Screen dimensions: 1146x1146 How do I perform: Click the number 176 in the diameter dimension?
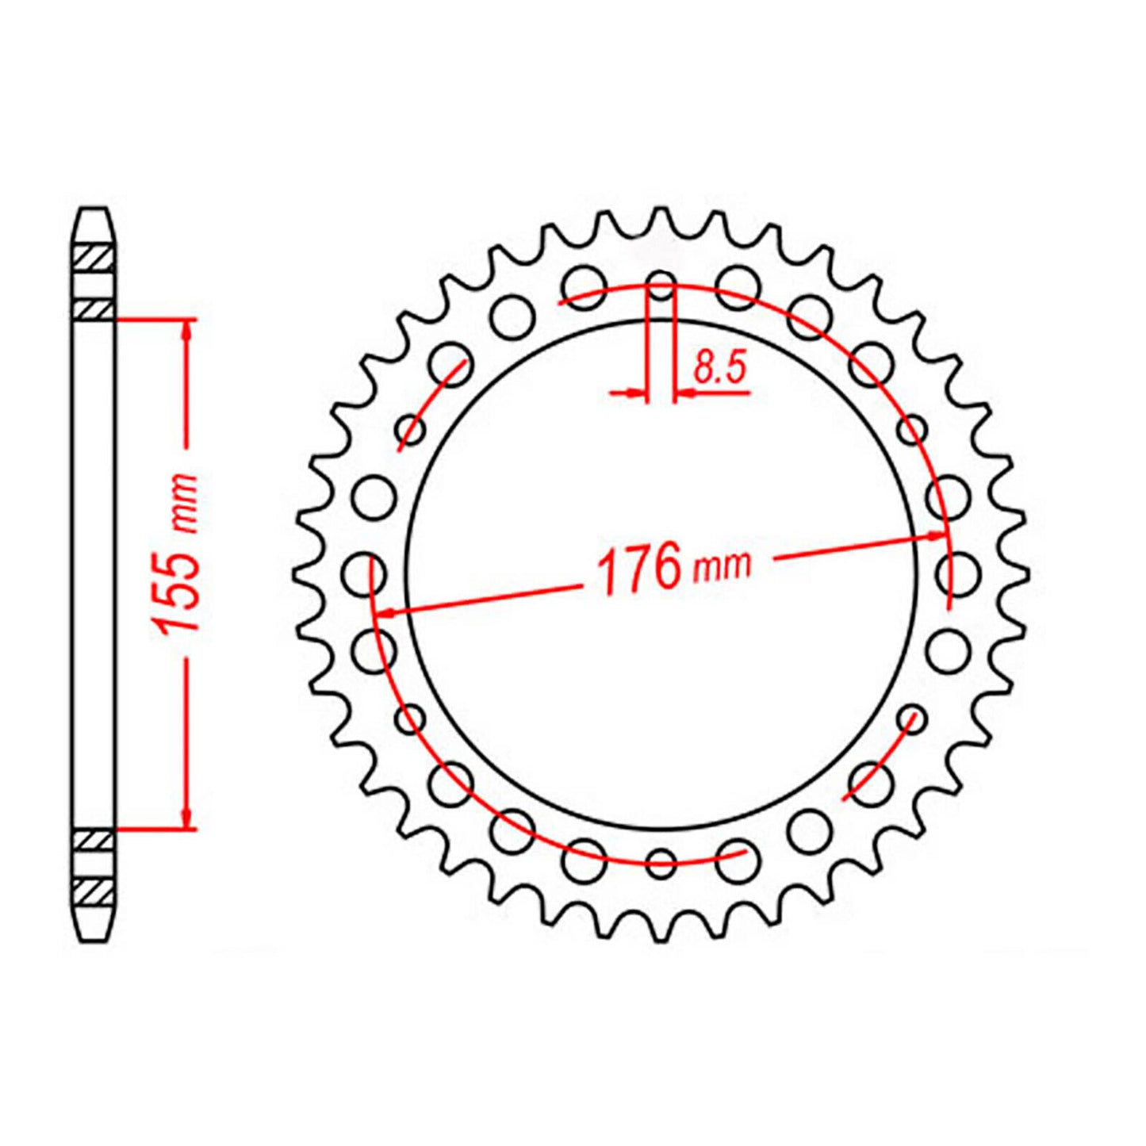[x=638, y=569]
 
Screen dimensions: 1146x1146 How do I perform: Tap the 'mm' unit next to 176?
[x=721, y=565]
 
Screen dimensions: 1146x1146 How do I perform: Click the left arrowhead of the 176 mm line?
[x=385, y=612]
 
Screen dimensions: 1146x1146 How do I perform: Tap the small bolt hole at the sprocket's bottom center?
[x=661, y=862]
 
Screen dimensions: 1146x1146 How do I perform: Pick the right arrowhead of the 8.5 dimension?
[x=684, y=392]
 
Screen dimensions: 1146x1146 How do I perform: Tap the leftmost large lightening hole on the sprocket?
[x=368, y=573]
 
